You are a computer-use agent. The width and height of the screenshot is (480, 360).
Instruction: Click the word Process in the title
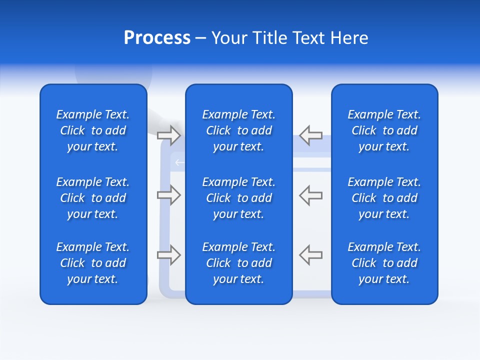pyautogui.click(x=157, y=38)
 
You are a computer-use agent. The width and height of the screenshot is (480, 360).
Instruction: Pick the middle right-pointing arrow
pyautogui.click(x=168, y=195)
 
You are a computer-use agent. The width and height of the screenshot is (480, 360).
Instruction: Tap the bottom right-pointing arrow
pyautogui.click(x=168, y=255)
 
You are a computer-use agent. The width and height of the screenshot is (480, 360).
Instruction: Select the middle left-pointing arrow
pyautogui.click(x=311, y=195)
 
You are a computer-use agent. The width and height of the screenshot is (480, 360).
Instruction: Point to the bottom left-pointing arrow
pyautogui.click(x=311, y=255)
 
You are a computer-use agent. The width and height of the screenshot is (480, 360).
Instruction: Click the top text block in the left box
pyautogui.click(x=93, y=130)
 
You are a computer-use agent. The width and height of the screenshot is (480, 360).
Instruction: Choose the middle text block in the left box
pyautogui.click(x=93, y=198)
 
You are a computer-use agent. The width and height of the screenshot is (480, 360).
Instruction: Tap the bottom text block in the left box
pyautogui.click(x=93, y=263)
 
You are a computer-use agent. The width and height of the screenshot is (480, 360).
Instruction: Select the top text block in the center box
pyautogui.click(x=238, y=130)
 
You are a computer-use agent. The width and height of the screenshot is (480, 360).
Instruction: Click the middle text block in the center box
pyautogui.click(x=238, y=198)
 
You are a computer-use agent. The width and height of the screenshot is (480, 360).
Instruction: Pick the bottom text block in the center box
pyautogui.click(x=238, y=263)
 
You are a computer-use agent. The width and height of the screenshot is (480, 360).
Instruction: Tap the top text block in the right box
pyautogui.click(x=384, y=130)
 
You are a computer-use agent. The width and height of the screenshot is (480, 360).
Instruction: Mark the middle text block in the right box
pyautogui.click(x=384, y=198)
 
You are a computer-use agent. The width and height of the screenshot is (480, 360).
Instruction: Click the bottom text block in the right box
pyautogui.click(x=384, y=263)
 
